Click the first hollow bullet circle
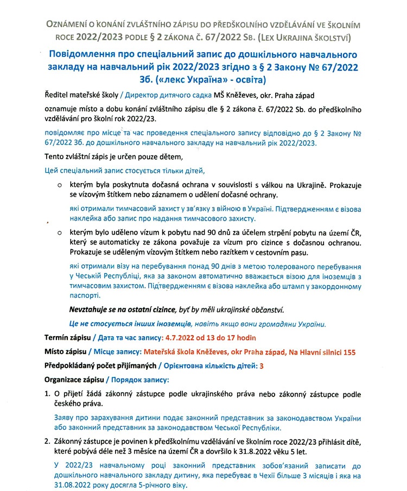click(x=60, y=185)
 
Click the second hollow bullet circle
click(x=60, y=233)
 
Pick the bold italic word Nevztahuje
click(x=92, y=310)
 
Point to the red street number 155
click(x=348, y=352)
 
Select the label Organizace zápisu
click(x=75, y=379)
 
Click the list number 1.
click(x=47, y=393)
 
